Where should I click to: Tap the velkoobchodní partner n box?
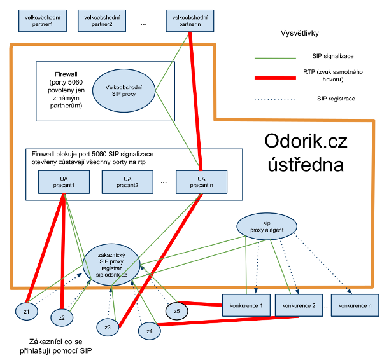pos(189,20)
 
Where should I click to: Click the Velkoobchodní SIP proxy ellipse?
pos(124,90)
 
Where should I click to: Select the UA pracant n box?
pos(201,181)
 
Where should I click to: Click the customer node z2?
pos(61,317)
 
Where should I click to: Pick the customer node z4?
pos(150,331)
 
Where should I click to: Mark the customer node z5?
pos(176,310)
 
